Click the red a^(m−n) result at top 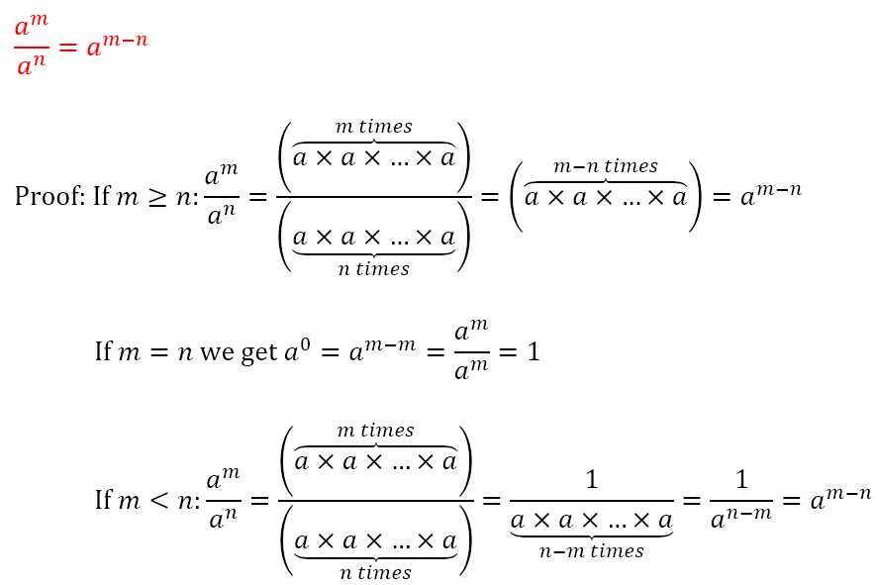(x=117, y=46)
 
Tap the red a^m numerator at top (x=31, y=27)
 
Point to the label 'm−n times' (x=605, y=166)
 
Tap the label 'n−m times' (x=592, y=551)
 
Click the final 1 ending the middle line (x=533, y=351)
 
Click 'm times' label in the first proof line (x=374, y=127)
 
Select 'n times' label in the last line (x=375, y=572)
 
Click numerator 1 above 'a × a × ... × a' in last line (x=592, y=480)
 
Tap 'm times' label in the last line (x=375, y=431)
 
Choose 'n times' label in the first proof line (x=374, y=268)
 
